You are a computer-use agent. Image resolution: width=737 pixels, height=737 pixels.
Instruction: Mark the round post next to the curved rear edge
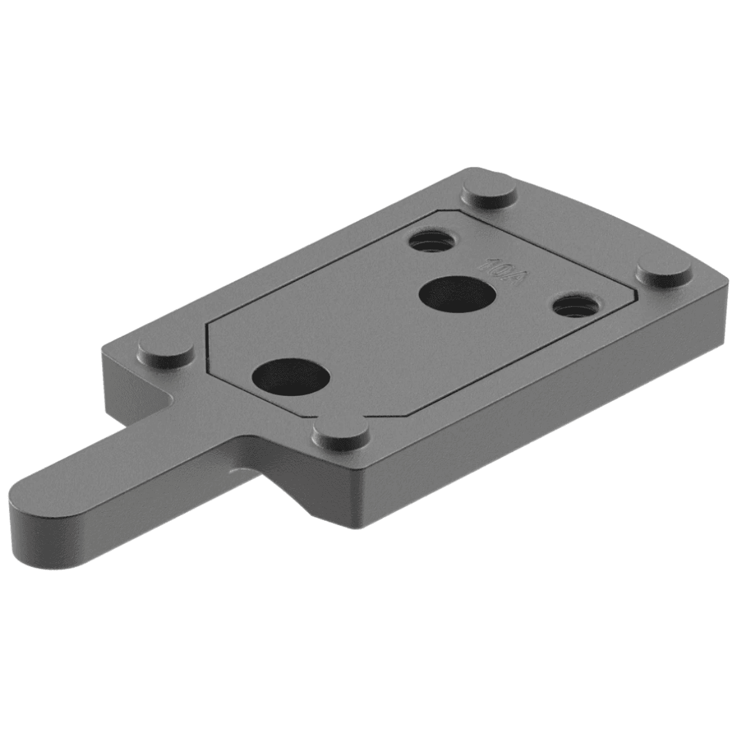click(x=489, y=192)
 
